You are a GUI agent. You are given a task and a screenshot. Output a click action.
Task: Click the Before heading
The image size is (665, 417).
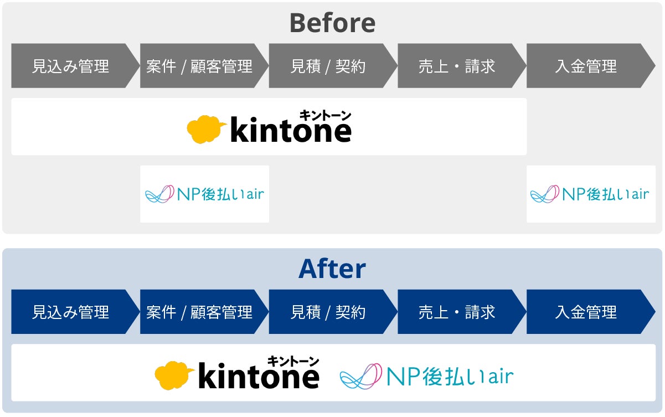coord(332,23)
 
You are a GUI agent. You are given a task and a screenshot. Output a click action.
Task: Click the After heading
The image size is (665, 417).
coord(332,269)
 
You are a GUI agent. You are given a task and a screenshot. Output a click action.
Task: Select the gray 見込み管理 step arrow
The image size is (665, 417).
coord(71,66)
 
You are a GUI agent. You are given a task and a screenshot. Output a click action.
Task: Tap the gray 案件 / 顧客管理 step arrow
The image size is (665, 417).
coord(200,66)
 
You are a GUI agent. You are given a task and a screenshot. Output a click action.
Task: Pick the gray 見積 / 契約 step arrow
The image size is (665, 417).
coord(328,66)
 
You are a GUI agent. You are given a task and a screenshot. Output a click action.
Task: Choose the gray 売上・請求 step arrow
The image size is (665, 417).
coord(457,66)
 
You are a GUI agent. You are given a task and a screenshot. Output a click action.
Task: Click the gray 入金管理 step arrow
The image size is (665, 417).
coord(586,66)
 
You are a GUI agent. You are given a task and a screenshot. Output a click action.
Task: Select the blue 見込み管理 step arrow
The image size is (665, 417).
coord(71,312)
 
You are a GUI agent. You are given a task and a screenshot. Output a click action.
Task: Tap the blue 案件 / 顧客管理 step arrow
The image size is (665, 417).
coord(200,312)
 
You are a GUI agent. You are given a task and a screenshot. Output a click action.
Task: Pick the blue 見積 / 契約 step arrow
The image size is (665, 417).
coord(328,312)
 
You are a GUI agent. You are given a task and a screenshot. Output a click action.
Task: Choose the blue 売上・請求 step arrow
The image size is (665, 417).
coord(457,312)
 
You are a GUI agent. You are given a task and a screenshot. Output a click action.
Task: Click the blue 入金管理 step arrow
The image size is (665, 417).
coord(586,312)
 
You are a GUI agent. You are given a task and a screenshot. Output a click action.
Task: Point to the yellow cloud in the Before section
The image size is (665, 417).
coord(205,130)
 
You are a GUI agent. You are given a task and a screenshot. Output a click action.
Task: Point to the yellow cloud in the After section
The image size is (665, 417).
coord(173,375)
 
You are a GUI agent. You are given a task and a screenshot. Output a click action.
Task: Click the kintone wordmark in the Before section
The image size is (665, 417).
coord(290,131)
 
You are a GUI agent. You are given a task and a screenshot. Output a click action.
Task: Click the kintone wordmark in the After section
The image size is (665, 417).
coord(258,377)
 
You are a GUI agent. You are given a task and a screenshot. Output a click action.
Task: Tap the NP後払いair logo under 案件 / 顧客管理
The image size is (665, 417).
coord(204,194)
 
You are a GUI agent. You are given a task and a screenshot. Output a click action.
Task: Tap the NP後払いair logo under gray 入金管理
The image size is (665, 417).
coord(590,194)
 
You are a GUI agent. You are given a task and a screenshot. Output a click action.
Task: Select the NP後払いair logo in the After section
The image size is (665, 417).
coord(426,377)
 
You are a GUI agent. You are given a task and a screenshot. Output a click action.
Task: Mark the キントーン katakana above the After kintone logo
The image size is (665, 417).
coord(293,361)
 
